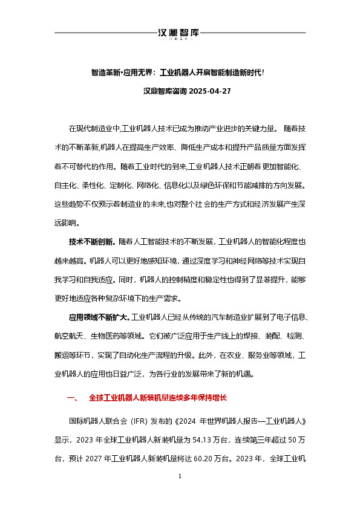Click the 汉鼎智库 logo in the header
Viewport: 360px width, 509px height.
[x=179, y=33]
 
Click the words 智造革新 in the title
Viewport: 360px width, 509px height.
[x=104, y=72]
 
